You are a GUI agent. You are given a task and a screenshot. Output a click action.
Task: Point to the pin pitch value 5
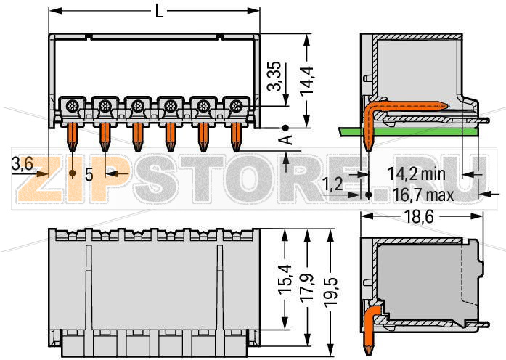click(x=89, y=174)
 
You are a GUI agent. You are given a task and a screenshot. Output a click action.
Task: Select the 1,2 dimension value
click(x=333, y=184)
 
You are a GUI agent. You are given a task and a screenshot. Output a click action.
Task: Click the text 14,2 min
click(x=415, y=173)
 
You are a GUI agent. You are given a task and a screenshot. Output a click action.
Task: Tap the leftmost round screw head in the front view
click(x=73, y=107)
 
